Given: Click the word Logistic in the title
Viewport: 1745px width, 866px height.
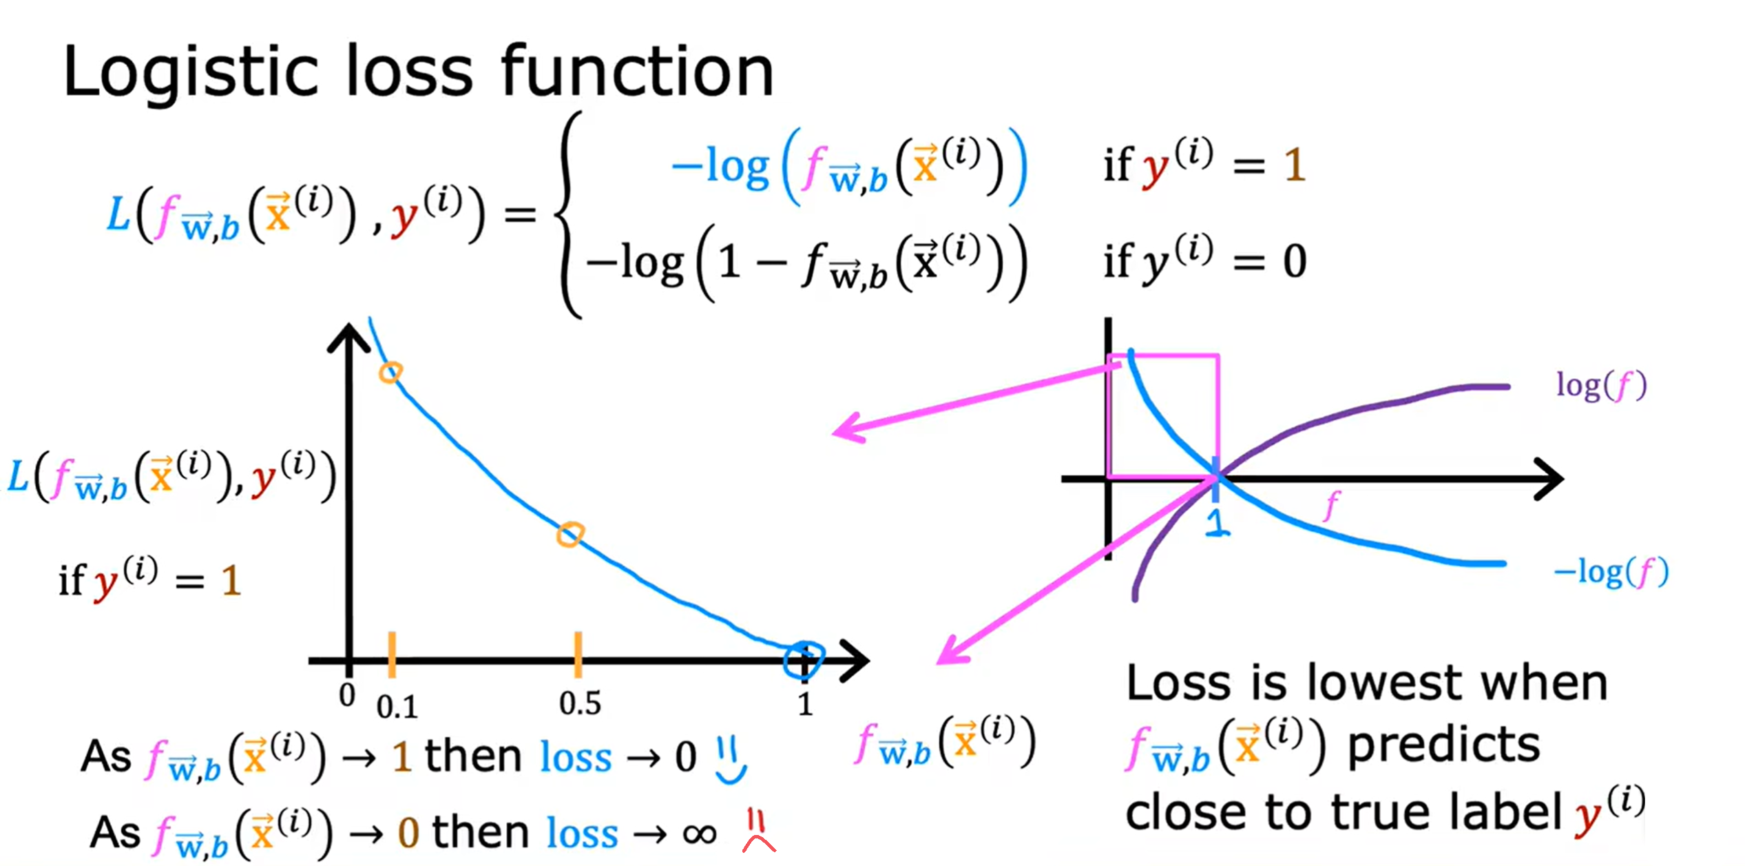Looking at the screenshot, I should [x=191, y=72].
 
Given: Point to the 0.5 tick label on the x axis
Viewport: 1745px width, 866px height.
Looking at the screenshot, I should [x=580, y=703].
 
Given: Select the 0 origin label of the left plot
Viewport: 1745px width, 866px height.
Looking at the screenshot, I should [x=348, y=694].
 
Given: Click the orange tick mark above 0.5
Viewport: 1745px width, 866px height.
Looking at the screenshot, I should [x=578, y=654].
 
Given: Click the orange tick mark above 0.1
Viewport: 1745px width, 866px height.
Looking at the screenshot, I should [x=392, y=654].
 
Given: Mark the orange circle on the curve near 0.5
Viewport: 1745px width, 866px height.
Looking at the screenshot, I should [x=570, y=535].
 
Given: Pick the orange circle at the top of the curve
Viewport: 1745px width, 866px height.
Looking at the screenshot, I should [x=390, y=373].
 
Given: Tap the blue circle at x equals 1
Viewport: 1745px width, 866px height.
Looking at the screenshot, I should [x=804, y=660].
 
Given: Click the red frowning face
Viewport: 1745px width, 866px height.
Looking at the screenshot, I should [x=757, y=832].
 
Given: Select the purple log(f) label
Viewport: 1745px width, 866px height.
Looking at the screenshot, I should [x=1601, y=386].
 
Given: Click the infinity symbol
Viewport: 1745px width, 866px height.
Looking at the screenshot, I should [x=700, y=834].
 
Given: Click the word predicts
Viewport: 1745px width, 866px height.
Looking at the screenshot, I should [x=1443, y=746].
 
